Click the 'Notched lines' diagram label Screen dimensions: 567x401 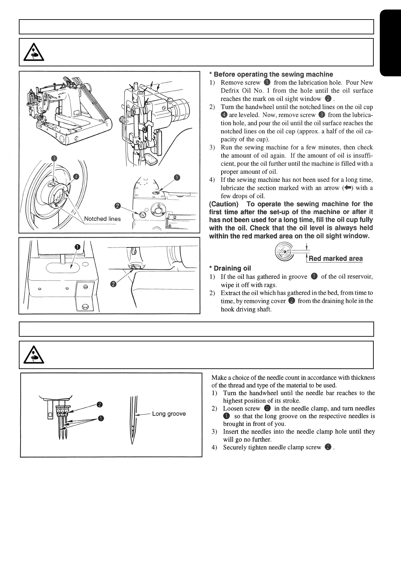click(x=102, y=219)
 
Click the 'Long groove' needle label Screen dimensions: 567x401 click(x=169, y=413)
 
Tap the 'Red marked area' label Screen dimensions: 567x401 click(x=336, y=259)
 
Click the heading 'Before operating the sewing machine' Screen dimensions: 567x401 click(x=273, y=74)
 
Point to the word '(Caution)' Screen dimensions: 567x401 click(x=224, y=204)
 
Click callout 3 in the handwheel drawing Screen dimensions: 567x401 click(x=54, y=159)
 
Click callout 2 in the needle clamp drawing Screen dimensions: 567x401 click(x=100, y=404)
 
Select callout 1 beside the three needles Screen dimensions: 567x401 click(x=101, y=419)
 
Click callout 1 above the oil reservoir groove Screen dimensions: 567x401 click(x=77, y=247)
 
